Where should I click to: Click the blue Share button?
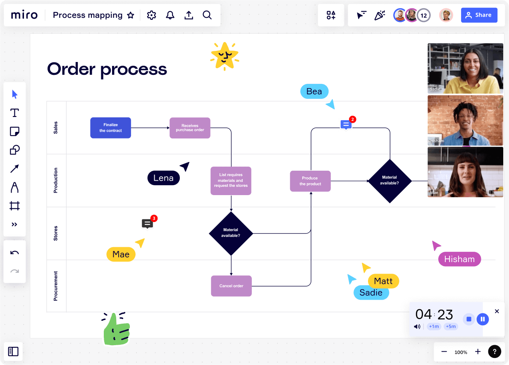pos(479,15)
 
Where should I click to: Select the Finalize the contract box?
pos(110,128)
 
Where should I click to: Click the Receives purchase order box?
pos(190,128)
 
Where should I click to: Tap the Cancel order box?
pos(231,286)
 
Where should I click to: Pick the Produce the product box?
pos(310,181)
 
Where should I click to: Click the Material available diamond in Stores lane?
pos(231,233)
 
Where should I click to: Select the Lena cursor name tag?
pos(163,178)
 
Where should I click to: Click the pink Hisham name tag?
pos(459,259)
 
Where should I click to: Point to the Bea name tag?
pos(314,91)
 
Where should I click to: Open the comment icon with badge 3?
pos(147,224)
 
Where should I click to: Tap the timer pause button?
pos(483,319)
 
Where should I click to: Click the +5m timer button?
pos(451,327)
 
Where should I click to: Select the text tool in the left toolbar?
pos(14,113)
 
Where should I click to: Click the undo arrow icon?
pos(14,253)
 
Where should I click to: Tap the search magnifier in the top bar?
pos(207,15)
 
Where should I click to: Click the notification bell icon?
pos(170,15)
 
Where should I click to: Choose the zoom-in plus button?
pos(478,352)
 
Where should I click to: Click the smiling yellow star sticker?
pos(224,56)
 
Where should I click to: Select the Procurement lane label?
pos(56,286)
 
